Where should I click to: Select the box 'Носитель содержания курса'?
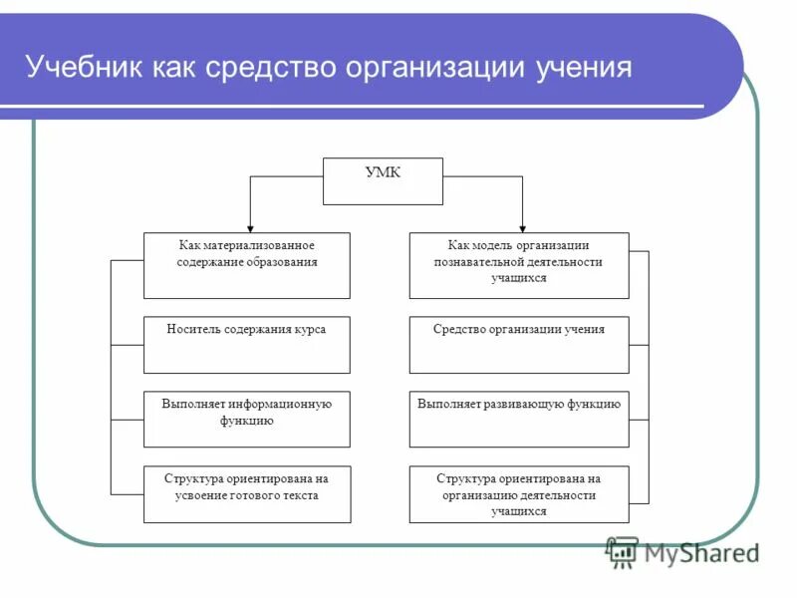247,345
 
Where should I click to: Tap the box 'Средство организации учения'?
519,345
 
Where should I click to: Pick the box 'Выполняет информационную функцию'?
247,419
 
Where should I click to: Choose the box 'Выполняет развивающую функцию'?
519,419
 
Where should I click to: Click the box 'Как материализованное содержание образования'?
247,265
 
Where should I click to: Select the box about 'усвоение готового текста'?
247,494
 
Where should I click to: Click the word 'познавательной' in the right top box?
475,262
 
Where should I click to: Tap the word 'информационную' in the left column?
281,405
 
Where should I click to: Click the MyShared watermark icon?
622,551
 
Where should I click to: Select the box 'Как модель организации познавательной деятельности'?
519,265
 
